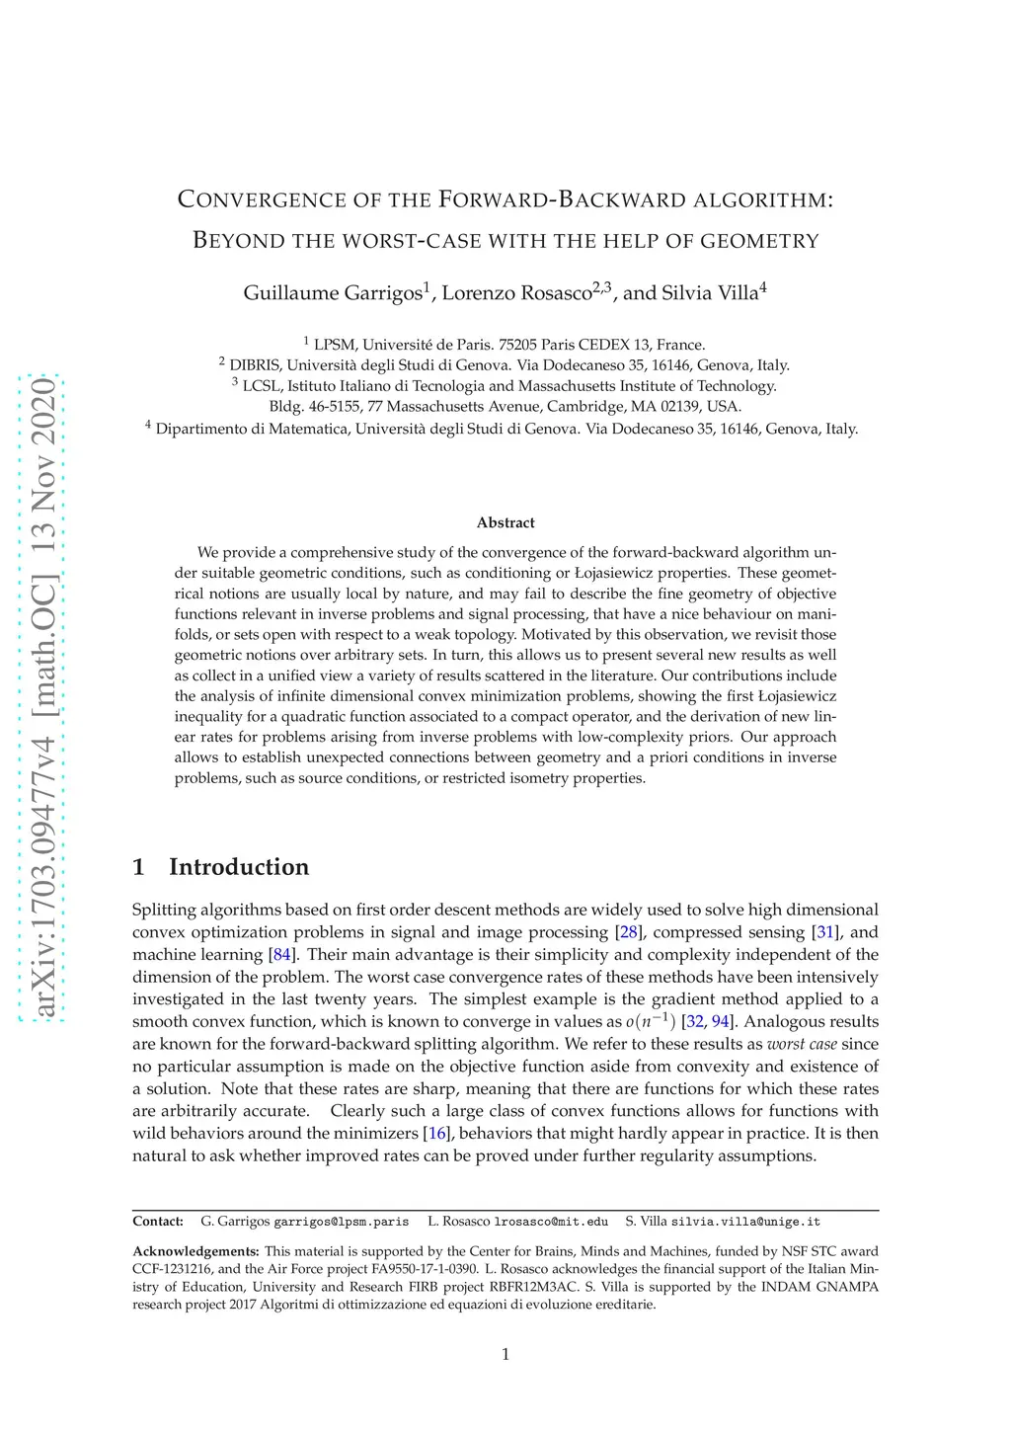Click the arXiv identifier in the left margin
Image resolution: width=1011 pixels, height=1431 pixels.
(x=44, y=697)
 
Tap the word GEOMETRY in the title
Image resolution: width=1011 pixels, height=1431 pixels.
(x=759, y=241)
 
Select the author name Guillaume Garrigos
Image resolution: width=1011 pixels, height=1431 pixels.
(x=332, y=293)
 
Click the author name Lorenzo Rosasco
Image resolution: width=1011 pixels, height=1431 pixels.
(x=516, y=293)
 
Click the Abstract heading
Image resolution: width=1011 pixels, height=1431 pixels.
(x=505, y=522)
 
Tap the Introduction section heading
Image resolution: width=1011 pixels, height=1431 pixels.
(x=238, y=867)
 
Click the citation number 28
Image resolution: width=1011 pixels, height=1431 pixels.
(x=628, y=932)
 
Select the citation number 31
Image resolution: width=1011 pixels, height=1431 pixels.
(x=825, y=932)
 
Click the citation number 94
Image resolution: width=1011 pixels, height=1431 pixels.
(x=721, y=1022)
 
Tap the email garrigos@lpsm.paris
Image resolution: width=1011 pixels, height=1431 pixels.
(x=341, y=1222)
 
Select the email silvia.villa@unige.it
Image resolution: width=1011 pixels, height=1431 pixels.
(x=745, y=1222)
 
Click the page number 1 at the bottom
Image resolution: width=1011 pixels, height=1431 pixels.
(x=505, y=1354)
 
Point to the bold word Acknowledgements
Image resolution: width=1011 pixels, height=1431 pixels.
(x=195, y=1251)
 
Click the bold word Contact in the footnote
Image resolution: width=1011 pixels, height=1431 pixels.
(x=158, y=1222)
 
